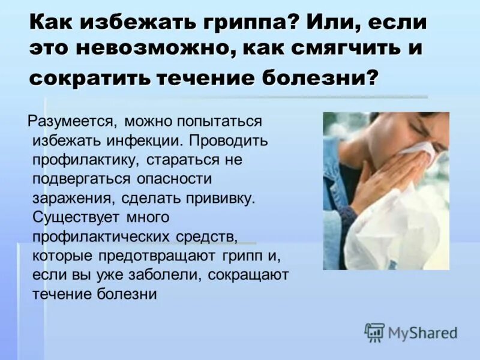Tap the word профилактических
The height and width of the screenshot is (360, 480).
103,236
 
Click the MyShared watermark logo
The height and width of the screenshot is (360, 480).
412,332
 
